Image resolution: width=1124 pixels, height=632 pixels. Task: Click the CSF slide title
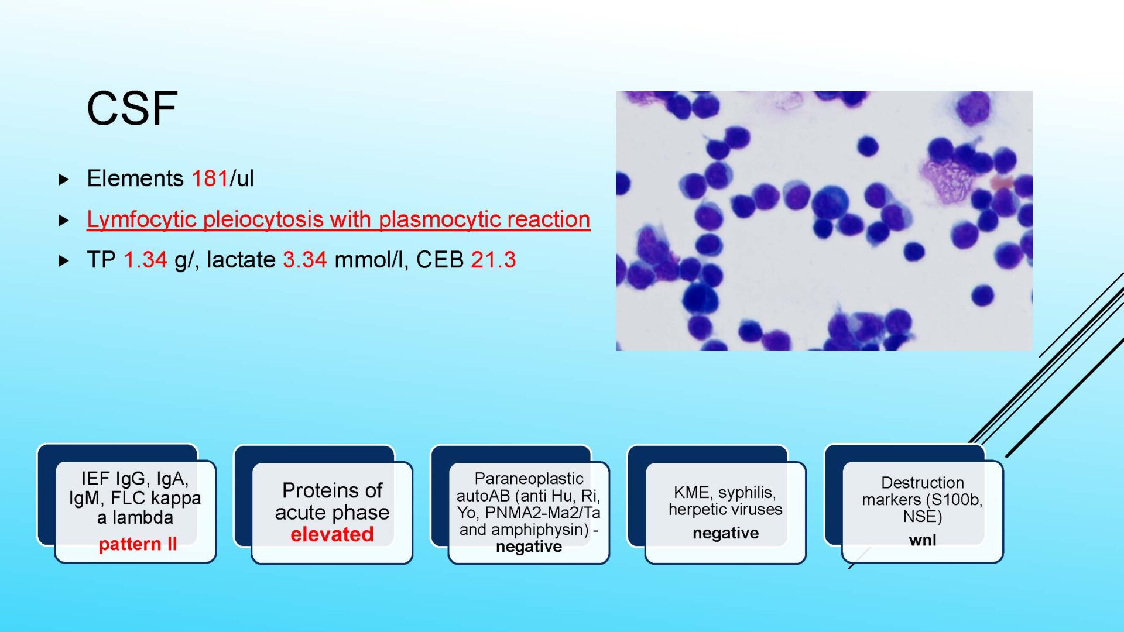tap(132, 108)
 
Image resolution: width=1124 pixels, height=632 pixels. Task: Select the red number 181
tap(210, 178)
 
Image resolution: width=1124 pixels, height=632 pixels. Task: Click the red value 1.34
tap(145, 260)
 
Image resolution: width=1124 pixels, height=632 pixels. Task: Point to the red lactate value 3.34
tap(304, 260)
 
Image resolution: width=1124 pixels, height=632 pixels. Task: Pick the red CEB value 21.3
tap(494, 260)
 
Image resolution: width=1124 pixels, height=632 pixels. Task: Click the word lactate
tap(241, 260)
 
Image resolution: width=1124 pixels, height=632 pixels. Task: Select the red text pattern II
tap(138, 544)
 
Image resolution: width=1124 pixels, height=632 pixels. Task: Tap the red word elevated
tap(332, 534)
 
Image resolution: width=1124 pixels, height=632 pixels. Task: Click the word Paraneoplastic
tap(529, 479)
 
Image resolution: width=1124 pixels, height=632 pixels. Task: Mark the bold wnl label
tap(923, 540)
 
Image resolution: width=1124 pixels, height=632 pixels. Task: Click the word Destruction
tap(923, 483)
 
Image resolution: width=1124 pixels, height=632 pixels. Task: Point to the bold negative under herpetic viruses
tap(725, 533)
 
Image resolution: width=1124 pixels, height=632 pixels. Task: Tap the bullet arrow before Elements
tap(64, 180)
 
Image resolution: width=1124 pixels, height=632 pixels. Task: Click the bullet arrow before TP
tap(64, 261)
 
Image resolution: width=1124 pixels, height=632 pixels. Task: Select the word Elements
tap(135, 178)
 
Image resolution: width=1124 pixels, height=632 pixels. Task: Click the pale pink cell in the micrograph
tap(947, 179)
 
